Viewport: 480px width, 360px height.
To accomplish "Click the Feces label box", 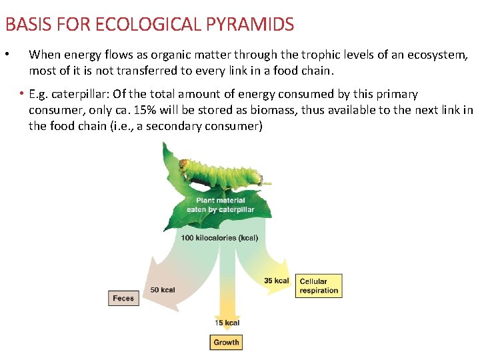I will [x=123, y=298].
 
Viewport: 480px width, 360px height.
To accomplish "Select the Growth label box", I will [x=226, y=342].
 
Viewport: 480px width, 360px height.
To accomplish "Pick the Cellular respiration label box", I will [x=319, y=286].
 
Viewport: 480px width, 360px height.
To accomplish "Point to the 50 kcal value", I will [x=163, y=289].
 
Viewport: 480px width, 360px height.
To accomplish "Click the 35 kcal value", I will [x=276, y=281].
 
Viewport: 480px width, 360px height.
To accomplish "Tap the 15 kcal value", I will [x=227, y=323].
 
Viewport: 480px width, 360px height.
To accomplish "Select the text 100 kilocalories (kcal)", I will [x=220, y=238].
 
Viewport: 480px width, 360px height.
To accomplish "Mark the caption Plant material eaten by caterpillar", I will [x=220, y=205].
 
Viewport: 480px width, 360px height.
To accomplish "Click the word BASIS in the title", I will [x=25, y=25].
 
